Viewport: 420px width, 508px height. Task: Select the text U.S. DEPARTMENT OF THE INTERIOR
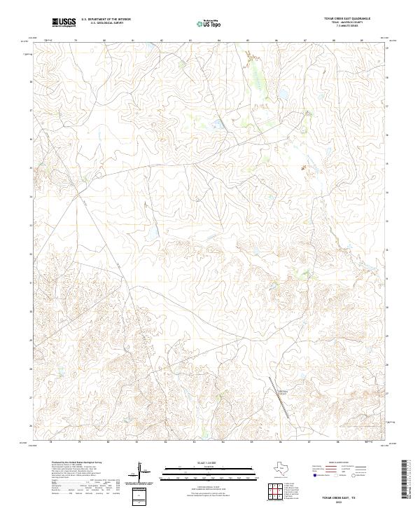click(x=106, y=20)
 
